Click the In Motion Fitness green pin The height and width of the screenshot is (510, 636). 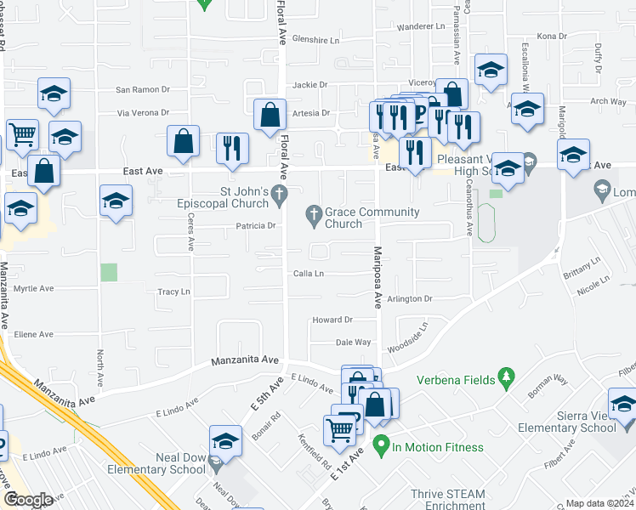[x=382, y=444]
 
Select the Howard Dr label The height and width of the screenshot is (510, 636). [x=332, y=320]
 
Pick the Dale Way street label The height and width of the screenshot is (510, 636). [x=353, y=342]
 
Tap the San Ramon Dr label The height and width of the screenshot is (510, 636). [x=144, y=89]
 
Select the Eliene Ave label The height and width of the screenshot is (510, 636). [x=34, y=335]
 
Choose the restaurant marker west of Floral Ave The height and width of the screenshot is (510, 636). [x=232, y=147]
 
